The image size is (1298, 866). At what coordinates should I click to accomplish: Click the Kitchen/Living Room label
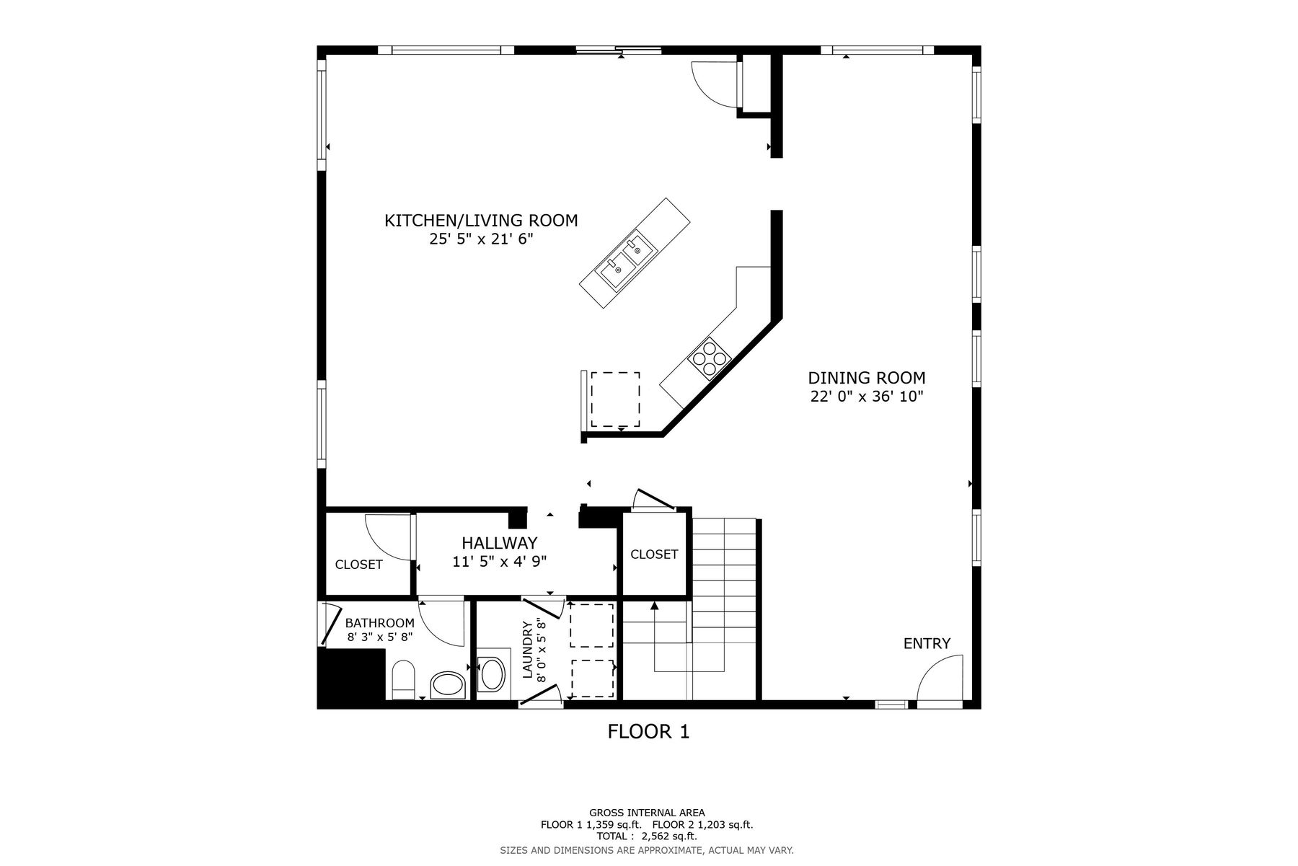481,221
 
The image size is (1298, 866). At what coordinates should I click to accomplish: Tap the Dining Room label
866,378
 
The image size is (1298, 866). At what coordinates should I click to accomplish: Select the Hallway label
500,543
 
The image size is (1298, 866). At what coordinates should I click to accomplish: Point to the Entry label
927,643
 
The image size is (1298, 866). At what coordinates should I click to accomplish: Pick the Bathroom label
380,623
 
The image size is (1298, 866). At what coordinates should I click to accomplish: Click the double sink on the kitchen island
625,261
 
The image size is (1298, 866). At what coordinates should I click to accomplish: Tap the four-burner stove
710,358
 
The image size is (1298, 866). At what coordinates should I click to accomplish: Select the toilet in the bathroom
402,680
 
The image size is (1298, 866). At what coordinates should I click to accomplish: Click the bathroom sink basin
448,685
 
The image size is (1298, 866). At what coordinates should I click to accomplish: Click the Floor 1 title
649,732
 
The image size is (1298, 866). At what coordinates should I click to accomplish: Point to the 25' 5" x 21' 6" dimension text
481,239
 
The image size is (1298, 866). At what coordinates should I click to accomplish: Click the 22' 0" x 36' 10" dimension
866,397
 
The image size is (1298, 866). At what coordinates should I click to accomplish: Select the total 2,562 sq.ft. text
647,836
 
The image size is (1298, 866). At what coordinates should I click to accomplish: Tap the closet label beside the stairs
654,554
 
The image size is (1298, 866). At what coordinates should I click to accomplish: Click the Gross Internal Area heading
647,813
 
